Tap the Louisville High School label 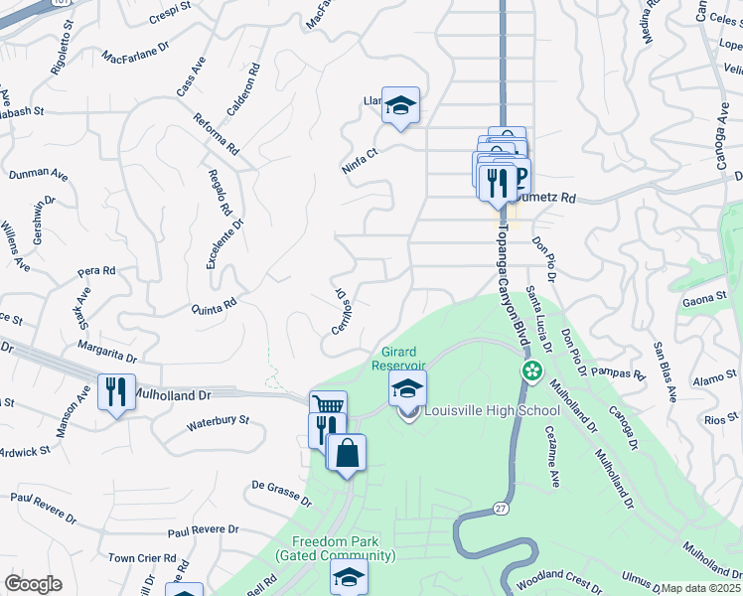coord(487,410)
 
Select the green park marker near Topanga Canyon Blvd coord(532,372)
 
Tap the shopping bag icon coord(346,454)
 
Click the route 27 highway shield coord(500,510)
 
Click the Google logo coord(34,584)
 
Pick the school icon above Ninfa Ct coord(400,105)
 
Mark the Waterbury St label coord(218,425)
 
